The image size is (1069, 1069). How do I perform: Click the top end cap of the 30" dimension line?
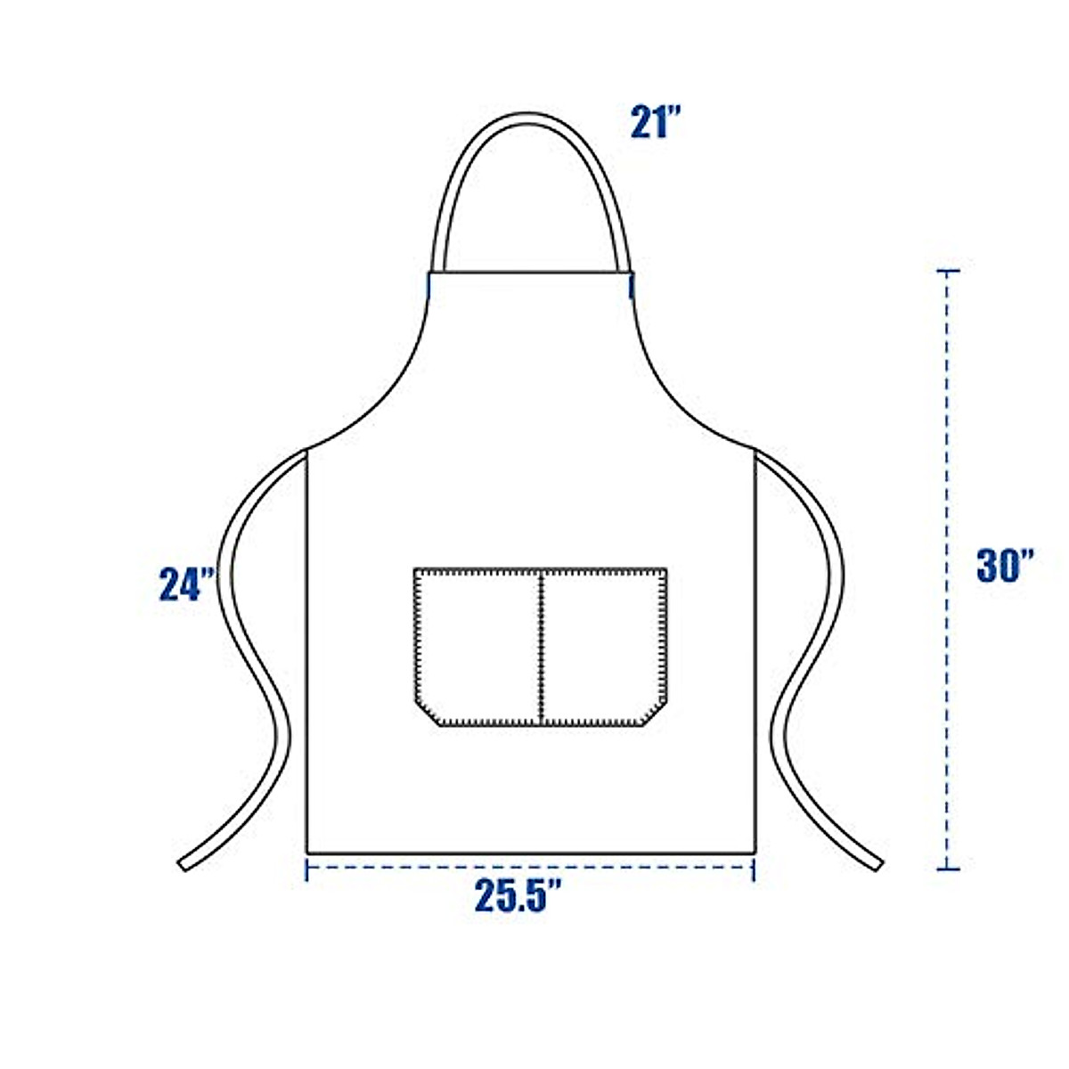point(948,270)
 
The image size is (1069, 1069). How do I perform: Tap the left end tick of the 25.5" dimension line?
point(306,869)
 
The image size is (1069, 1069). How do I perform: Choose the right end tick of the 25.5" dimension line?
point(754,869)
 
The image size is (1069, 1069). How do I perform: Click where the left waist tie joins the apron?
point(306,454)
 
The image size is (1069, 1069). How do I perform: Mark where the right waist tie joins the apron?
point(756,454)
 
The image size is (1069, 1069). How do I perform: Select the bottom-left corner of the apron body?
point(307,853)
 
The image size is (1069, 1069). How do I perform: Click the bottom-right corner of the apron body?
point(755,853)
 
